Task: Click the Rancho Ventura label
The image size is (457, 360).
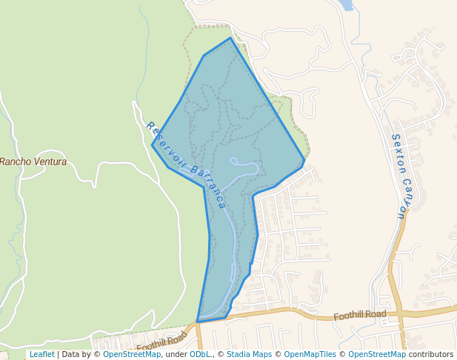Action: coord(33,161)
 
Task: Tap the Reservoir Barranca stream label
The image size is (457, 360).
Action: coord(186,165)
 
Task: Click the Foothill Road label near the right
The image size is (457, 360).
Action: coord(360,315)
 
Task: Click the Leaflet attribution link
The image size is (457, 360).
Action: coord(41,354)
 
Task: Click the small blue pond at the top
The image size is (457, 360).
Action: coord(344,4)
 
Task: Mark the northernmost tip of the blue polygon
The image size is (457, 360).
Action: coord(230,38)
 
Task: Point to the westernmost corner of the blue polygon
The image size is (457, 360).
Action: coord(153,144)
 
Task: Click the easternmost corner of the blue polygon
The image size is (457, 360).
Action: coord(304,160)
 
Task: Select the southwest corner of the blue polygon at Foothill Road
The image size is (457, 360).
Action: coord(198,321)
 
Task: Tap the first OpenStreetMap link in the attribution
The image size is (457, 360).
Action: coord(132,354)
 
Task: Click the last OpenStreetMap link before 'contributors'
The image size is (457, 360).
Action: coord(376,354)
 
